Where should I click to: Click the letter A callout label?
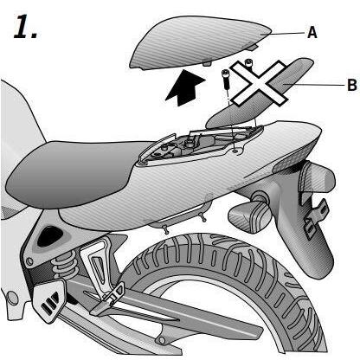[x=312, y=32]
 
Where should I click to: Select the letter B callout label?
[x=352, y=85]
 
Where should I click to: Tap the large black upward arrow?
[x=185, y=87]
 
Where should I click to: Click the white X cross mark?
[x=259, y=83]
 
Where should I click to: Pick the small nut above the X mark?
[x=248, y=61]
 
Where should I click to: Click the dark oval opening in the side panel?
[x=49, y=236]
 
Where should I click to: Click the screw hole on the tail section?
[x=235, y=151]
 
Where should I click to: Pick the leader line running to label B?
[x=314, y=85]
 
